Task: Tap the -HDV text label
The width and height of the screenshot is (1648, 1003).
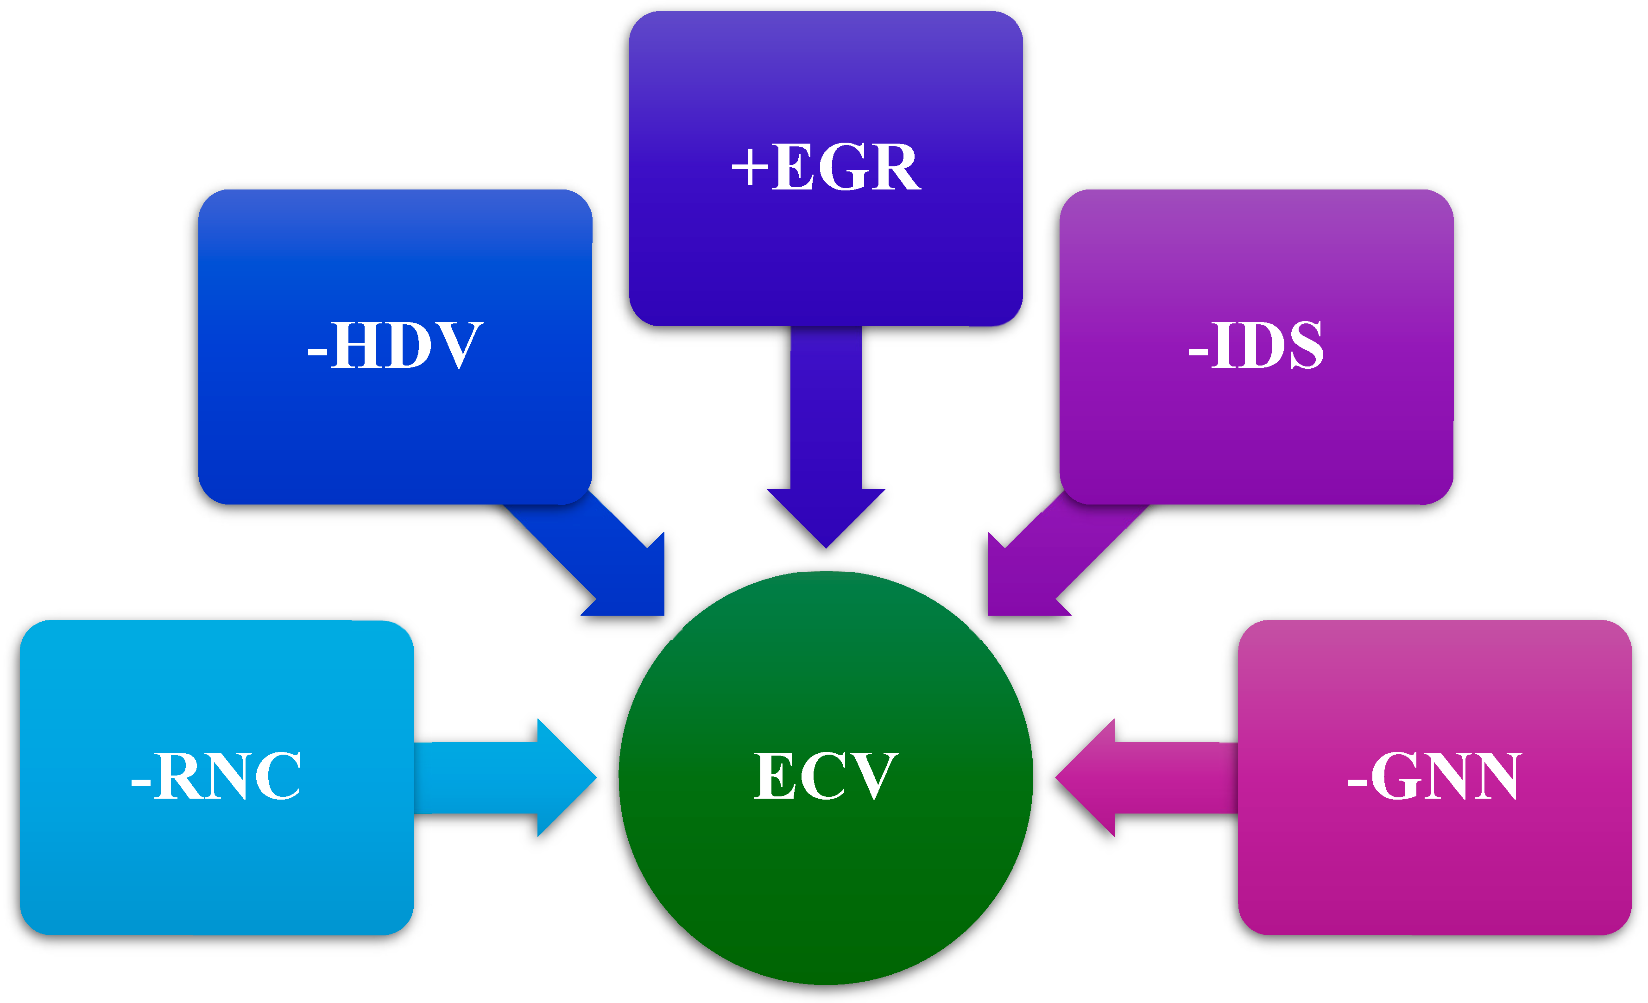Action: [x=395, y=345]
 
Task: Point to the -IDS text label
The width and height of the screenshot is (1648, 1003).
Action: [x=1256, y=345]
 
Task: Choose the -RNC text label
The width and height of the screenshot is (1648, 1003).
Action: [x=215, y=776]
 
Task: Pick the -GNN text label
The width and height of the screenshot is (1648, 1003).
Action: [x=1434, y=776]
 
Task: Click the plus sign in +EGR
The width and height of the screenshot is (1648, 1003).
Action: [x=750, y=167]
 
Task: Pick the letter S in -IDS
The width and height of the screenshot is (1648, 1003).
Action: [x=1306, y=345]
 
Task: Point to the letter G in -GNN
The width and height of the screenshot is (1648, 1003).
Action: [x=1395, y=776]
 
